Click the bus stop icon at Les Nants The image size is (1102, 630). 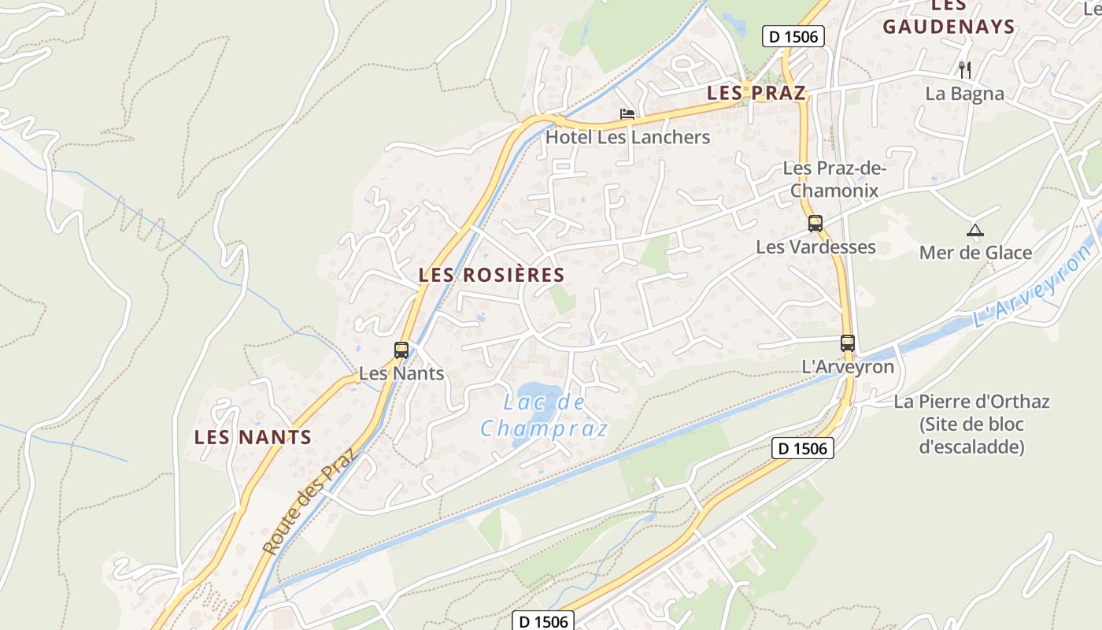click(401, 350)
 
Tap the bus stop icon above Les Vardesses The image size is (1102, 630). click(815, 224)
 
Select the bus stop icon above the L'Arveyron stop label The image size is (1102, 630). click(848, 343)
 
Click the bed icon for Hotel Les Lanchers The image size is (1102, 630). click(627, 115)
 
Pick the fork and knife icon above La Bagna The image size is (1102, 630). click(965, 70)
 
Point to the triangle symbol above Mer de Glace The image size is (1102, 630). click(975, 231)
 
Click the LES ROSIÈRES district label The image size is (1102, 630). click(492, 275)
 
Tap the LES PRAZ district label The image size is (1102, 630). click(756, 93)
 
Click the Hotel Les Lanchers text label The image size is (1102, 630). click(627, 137)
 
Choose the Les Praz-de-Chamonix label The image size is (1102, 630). click(834, 180)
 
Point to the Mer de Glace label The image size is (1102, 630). click(975, 253)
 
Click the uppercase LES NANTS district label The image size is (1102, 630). click(253, 437)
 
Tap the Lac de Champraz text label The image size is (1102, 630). click(545, 415)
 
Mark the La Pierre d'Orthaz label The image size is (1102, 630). click(971, 424)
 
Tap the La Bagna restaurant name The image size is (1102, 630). click(965, 94)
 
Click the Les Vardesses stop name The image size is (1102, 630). click(815, 246)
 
